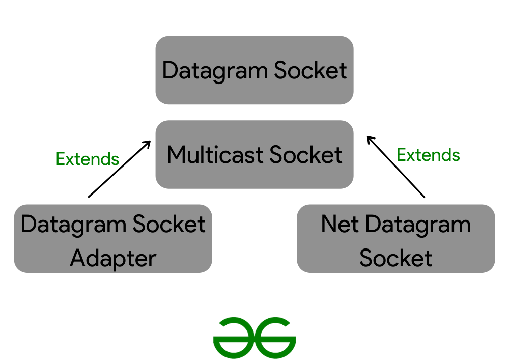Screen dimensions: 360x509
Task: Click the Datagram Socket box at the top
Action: (x=254, y=70)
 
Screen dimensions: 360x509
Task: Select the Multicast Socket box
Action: (x=254, y=154)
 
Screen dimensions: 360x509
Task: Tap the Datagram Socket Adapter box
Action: (x=113, y=239)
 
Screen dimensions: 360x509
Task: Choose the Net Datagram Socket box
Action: (x=395, y=239)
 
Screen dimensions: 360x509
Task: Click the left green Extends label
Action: (x=88, y=159)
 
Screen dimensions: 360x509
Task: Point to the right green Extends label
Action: (x=428, y=155)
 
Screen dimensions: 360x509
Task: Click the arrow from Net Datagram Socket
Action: (x=395, y=166)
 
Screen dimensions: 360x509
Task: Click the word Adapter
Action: (x=113, y=258)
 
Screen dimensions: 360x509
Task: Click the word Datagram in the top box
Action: (x=215, y=71)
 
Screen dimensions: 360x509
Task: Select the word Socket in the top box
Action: (x=310, y=70)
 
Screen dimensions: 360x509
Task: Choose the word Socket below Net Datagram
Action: (x=395, y=258)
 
